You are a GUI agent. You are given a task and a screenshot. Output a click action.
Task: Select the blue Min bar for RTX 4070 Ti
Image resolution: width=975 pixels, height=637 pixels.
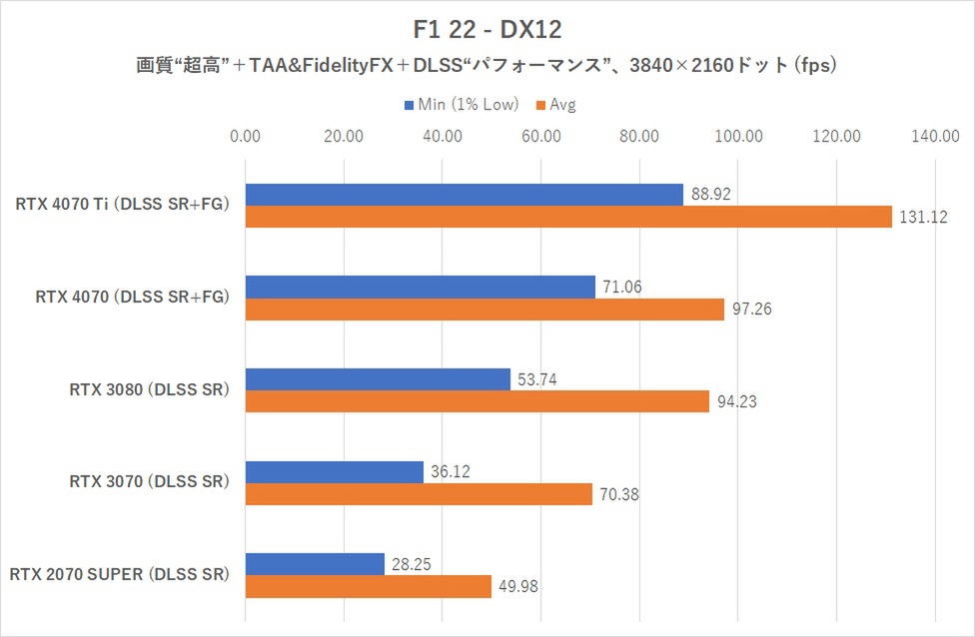[464, 195]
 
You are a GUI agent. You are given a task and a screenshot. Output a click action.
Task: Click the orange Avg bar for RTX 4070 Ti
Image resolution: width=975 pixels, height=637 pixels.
[567, 217]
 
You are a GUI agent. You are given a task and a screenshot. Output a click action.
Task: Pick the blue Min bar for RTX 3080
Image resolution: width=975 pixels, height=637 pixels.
[378, 379]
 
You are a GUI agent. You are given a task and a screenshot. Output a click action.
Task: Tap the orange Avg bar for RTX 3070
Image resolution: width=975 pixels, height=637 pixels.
[419, 494]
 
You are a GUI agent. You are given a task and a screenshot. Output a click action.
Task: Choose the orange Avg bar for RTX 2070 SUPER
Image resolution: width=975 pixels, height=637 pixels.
[368, 586]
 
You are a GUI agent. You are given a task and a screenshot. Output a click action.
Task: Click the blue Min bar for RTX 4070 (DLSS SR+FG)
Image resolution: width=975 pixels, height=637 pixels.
[420, 288]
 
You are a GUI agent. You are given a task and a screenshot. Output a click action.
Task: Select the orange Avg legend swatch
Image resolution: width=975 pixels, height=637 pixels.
[541, 105]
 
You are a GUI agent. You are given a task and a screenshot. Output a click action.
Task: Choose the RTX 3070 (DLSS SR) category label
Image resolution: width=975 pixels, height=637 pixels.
[149, 482]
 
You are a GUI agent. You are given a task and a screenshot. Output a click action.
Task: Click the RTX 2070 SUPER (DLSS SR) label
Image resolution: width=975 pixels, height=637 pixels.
[120, 575]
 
